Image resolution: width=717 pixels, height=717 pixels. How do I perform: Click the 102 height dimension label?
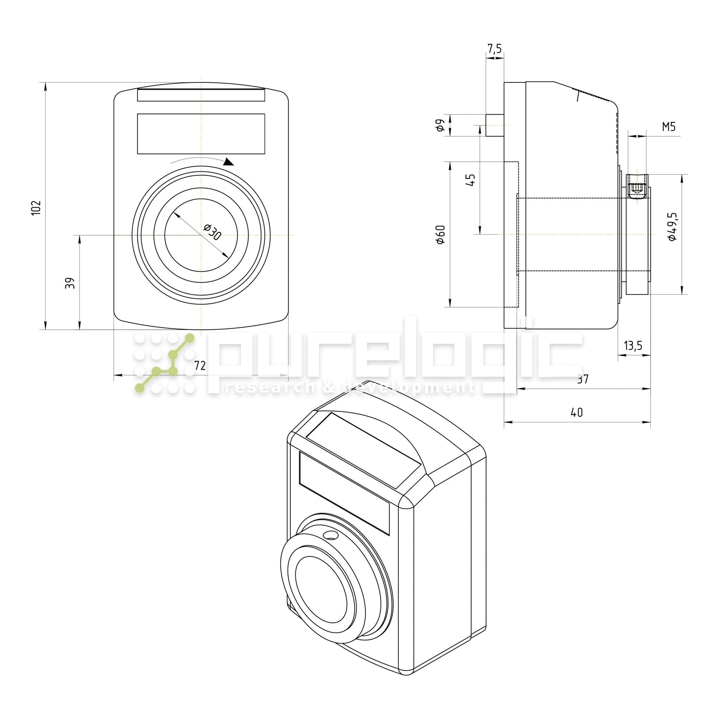click(36, 208)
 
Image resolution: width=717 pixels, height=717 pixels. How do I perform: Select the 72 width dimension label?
click(200, 366)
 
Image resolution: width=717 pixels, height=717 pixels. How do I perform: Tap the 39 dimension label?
click(70, 283)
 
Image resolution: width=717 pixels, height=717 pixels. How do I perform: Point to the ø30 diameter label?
click(213, 232)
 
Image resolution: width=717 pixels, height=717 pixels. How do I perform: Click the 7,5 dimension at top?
click(494, 49)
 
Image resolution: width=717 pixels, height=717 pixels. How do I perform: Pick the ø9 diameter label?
click(440, 125)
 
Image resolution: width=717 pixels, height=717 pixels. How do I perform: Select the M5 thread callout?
click(669, 127)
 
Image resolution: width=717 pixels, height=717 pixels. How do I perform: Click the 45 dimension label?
click(470, 180)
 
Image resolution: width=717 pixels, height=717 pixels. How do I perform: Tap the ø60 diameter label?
click(441, 234)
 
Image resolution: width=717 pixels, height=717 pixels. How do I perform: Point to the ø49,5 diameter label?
click(672, 227)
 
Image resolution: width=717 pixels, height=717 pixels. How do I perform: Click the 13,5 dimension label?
click(633, 346)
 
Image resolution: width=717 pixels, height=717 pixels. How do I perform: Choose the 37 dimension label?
click(583, 379)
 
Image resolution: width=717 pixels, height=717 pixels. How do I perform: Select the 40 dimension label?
click(577, 413)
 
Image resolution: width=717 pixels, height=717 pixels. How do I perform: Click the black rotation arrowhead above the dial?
click(228, 162)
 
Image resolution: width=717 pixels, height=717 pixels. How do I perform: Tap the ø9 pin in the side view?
click(495, 125)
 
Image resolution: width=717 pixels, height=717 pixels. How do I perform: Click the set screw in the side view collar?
click(637, 189)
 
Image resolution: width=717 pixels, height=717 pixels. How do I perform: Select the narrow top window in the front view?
click(201, 95)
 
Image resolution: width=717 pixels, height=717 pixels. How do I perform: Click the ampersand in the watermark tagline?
click(329, 388)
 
